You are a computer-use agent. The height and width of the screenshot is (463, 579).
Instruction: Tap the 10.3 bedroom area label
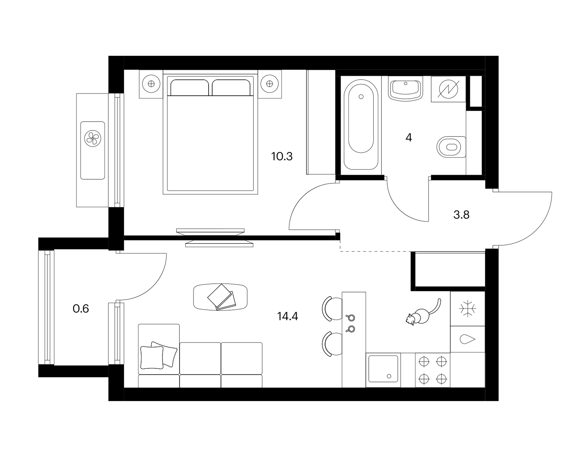coord(282,157)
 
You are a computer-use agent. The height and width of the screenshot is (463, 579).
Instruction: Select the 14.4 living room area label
coord(288,316)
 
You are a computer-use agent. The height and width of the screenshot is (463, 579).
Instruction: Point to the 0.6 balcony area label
coord(81,309)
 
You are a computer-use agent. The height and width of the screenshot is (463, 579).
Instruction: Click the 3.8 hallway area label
coord(461,215)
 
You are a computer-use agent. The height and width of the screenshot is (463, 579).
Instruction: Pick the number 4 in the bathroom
coord(409,137)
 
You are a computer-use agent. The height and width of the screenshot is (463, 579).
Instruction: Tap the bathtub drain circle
coord(361,97)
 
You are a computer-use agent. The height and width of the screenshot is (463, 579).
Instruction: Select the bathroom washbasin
coord(405,89)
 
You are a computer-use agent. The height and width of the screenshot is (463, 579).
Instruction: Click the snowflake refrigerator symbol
coord(468,308)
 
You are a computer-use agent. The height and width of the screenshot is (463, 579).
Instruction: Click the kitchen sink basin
coord(383,369)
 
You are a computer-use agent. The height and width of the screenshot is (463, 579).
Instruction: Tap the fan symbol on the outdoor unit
coord(93,138)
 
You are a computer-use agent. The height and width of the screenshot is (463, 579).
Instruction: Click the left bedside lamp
coord(151,84)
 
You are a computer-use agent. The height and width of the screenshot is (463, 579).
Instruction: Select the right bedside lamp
coord(270,84)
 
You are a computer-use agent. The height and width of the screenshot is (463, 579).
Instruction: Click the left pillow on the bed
coord(190,88)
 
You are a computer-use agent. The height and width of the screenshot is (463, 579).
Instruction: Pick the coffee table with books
coord(220,297)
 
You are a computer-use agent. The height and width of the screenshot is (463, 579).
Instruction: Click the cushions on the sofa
coord(159,356)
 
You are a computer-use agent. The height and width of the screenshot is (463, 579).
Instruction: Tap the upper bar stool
coord(332,308)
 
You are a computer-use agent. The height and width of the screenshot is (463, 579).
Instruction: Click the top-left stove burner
coord(424,361)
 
